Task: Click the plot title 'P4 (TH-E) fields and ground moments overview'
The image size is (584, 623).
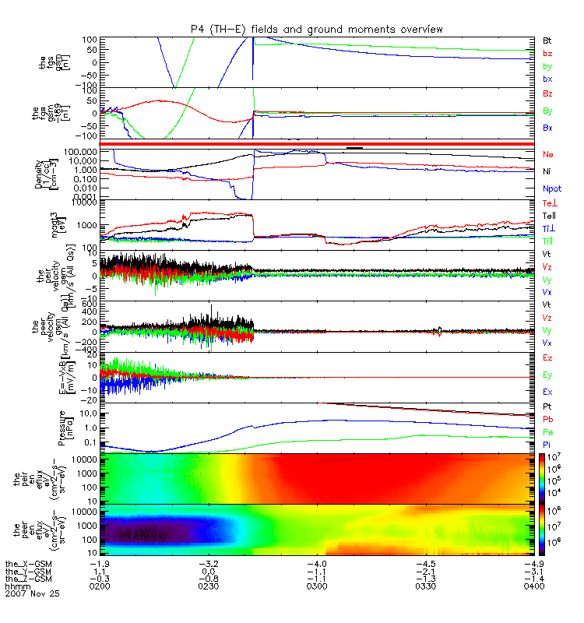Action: [317, 29]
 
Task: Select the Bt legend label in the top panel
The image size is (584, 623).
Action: [547, 40]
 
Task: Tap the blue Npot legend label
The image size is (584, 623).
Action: [551, 188]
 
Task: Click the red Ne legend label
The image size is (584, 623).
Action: [547, 155]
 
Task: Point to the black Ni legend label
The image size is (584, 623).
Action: [547, 171]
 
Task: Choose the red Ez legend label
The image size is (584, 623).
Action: [547, 357]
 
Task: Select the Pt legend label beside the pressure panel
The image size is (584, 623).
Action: [547, 407]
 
